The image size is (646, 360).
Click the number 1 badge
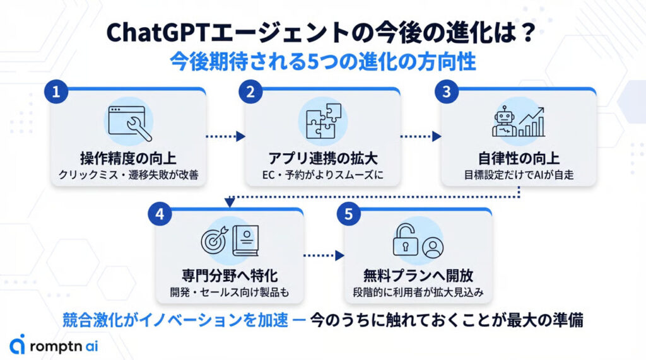tap(56, 92)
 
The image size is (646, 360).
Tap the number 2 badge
tap(250, 92)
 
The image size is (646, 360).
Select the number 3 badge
tap(447, 92)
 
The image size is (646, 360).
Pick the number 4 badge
tap(160, 214)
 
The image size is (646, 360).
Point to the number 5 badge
tap(348, 214)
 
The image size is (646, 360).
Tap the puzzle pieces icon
tap(323, 122)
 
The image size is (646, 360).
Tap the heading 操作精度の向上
tap(128, 158)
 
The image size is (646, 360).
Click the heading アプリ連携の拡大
tap(322, 158)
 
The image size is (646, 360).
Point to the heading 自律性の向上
tap(519, 158)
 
